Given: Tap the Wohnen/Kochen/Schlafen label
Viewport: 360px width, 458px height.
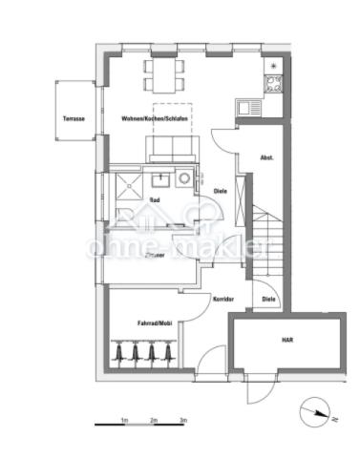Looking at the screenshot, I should click(155, 117).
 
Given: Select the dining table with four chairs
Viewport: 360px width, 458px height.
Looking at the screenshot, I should click(160, 73).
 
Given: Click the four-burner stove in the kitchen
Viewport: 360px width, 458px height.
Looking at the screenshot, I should click(272, 81).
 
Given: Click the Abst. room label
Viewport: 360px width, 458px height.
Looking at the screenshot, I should click(268, 157).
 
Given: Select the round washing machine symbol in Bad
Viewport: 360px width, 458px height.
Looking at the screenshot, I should click(183, 177).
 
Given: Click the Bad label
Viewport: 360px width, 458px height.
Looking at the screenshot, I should click(155, 199).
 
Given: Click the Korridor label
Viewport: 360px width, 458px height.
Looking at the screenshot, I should click(223, 299).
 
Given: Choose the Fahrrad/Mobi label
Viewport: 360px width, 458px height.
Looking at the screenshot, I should click(154, 323).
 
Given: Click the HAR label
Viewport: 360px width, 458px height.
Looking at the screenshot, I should click(286, 340).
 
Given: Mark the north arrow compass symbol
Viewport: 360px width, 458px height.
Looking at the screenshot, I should click(311, 412).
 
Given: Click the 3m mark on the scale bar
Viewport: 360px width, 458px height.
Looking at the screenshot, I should click(183, 420).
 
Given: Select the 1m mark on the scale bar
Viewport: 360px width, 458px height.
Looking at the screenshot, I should click(124, 420).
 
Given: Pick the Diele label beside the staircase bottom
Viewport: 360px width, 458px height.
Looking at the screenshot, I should click(269, 299).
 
